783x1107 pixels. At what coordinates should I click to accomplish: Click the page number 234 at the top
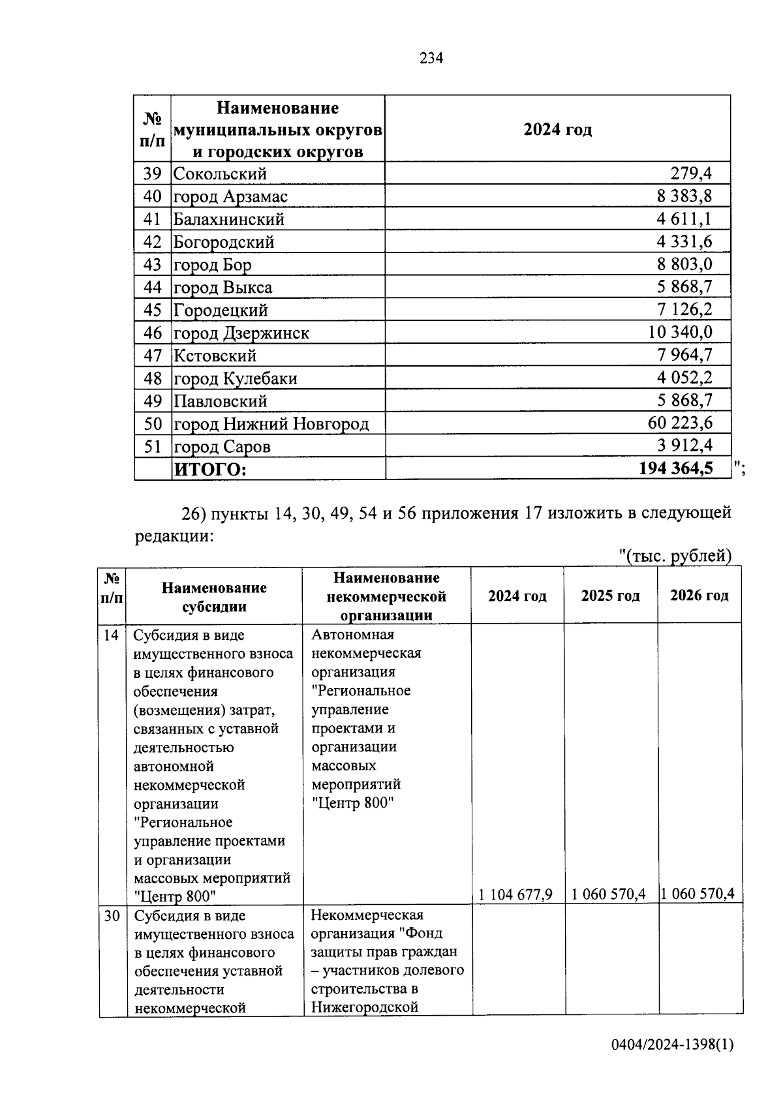[x=431, y=59]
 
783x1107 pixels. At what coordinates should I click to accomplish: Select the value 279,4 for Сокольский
[x=691, y=174]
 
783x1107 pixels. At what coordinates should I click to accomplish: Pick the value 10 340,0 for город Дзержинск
[x=680, y=333]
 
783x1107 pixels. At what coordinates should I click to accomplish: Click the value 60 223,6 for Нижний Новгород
[x=680, y=423]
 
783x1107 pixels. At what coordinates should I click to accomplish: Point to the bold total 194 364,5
[x=675, y=468]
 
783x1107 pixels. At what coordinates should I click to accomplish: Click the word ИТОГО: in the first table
[x=210, y=470]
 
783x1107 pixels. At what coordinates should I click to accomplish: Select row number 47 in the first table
[x=152, y=356]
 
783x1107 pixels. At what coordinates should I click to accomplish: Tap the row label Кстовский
[x=215, y=356]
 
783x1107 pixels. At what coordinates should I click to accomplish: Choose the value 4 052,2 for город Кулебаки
[x=684, y=378]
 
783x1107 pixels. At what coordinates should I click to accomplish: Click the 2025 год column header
[x=610, y=596]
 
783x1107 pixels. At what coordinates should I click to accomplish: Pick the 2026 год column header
[x=699, y=596]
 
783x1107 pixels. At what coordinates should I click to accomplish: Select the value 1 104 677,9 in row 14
[x=515, y=894]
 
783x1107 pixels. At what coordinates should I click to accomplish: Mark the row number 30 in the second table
[x=112, y=916]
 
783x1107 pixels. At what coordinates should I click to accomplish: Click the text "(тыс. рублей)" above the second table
[x=675, y=556]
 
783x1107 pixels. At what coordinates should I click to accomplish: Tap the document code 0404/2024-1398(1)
[x=672, y=1044]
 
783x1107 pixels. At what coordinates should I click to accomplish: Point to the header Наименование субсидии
[x=214, y=597]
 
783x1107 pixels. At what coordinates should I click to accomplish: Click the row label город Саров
[x=222, y=447]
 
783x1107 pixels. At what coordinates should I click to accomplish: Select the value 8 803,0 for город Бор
[x=684, y=265]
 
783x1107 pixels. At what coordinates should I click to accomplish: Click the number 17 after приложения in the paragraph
[x=532, y=513]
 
